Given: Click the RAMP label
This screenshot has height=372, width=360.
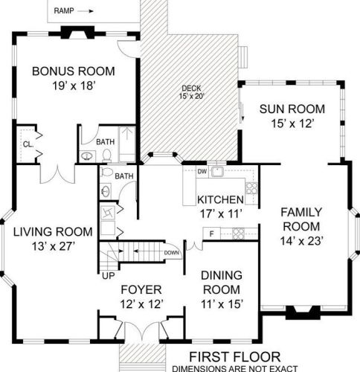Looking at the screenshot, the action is point(64,11).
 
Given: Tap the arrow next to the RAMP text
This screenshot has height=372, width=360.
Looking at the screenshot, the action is point(86,11).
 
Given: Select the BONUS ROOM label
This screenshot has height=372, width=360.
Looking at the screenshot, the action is point(74,71).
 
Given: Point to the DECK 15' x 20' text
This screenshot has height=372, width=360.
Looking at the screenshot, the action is point(191,92).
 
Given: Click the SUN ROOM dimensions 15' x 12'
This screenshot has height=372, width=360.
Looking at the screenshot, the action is point(293,124).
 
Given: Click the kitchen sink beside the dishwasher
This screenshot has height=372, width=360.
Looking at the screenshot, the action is point(217,172).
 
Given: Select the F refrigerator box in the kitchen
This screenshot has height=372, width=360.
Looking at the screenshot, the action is point(211,234).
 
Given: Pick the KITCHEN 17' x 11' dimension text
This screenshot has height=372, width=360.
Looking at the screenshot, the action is point(221,214).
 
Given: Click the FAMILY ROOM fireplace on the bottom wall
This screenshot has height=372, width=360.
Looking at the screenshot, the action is point(303,312).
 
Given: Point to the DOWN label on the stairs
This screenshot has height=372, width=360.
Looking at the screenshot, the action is point(171,253).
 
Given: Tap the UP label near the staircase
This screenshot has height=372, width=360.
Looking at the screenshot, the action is point(109,275).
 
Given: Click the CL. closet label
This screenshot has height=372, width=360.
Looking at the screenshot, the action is point(28,144).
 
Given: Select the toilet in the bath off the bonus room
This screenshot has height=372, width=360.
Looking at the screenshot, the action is point(106,155).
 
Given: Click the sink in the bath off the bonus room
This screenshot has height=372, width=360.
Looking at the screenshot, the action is point(87,156).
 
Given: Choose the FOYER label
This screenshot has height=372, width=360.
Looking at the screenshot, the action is point(141,289).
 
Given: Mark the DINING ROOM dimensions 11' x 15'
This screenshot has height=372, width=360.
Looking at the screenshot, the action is point(222,304).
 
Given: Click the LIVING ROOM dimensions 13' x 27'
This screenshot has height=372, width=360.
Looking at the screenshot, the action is point(54,246).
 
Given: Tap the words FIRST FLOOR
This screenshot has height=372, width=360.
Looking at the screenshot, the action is point(235,357).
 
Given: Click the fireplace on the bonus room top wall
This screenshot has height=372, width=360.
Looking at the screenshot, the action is point(78,33).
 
